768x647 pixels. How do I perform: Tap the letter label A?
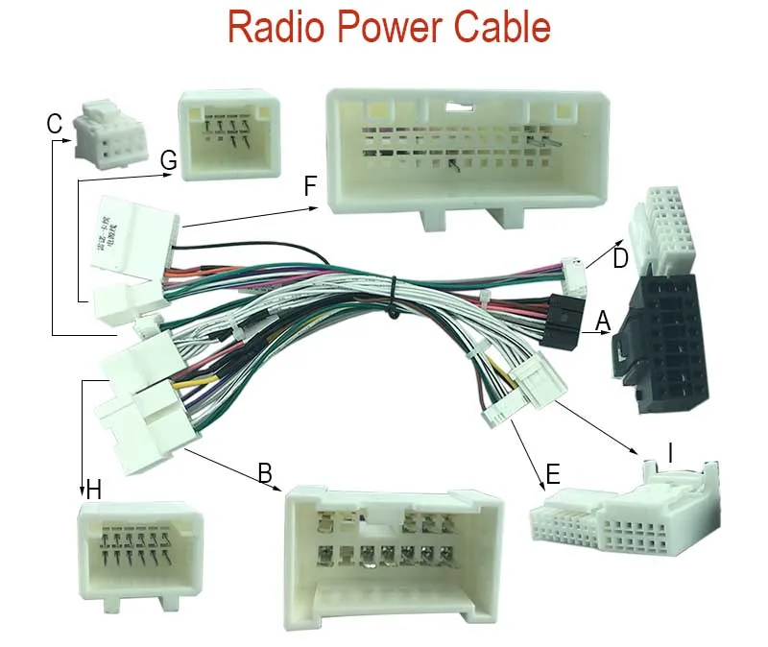click(x=603, y=322)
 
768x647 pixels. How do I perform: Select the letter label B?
click(x=265, y=472)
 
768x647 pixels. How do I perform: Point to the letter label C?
click(x=55, y=124)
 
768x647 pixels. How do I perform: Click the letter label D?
click(x=620, y=258)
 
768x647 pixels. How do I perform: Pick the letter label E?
click(x=552, y=474)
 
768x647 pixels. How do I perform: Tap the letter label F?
click(x=310, y=186)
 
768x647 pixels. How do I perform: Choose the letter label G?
click(x=169, y=161)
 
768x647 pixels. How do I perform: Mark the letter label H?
click(x=93, y=491)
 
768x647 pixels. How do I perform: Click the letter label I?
click(x=671, y=450)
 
